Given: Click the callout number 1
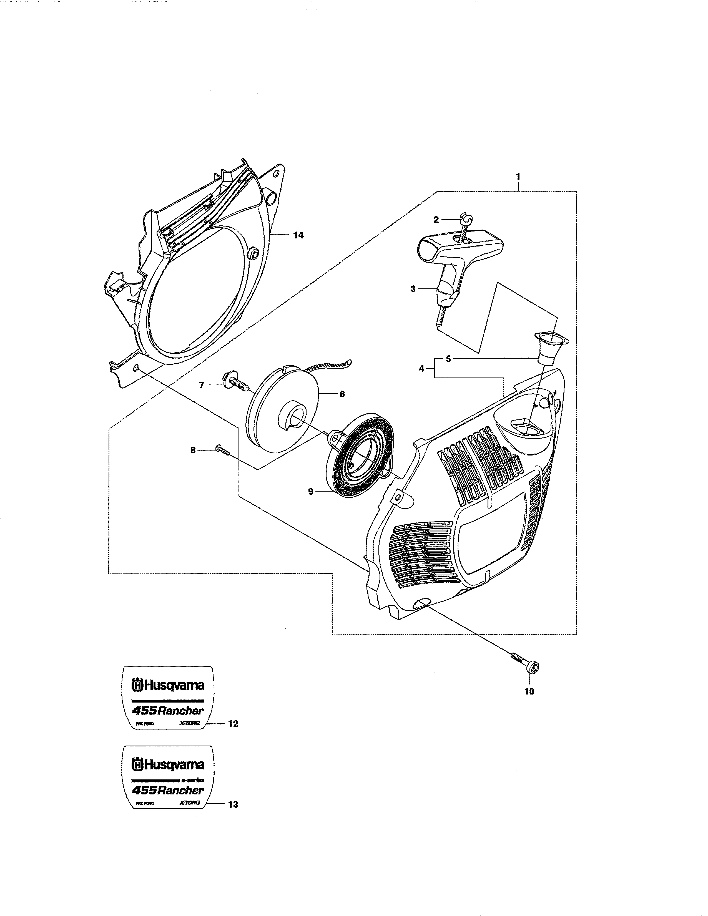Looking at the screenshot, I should (x=518, y=177).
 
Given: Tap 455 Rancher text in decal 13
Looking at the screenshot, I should (x=168, y=790).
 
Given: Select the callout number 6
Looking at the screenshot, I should (x=342, y=394).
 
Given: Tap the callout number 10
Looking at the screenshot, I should (x=529, y=692).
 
